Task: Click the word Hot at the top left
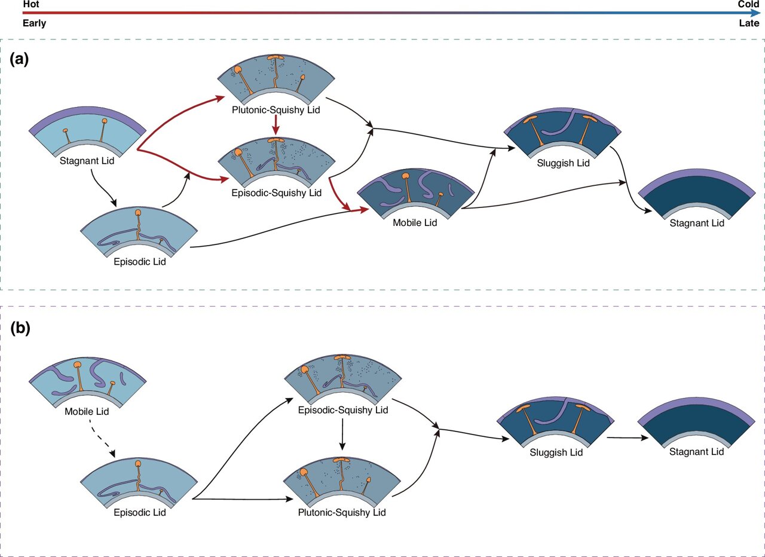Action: (30, 4)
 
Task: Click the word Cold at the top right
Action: (748, 4)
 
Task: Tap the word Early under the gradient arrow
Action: (34, 23)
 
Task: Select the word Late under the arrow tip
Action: (749, 23)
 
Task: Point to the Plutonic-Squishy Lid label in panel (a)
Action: (274, 111)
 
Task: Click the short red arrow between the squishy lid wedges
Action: (274, 126)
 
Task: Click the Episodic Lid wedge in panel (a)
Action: (137, 233)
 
